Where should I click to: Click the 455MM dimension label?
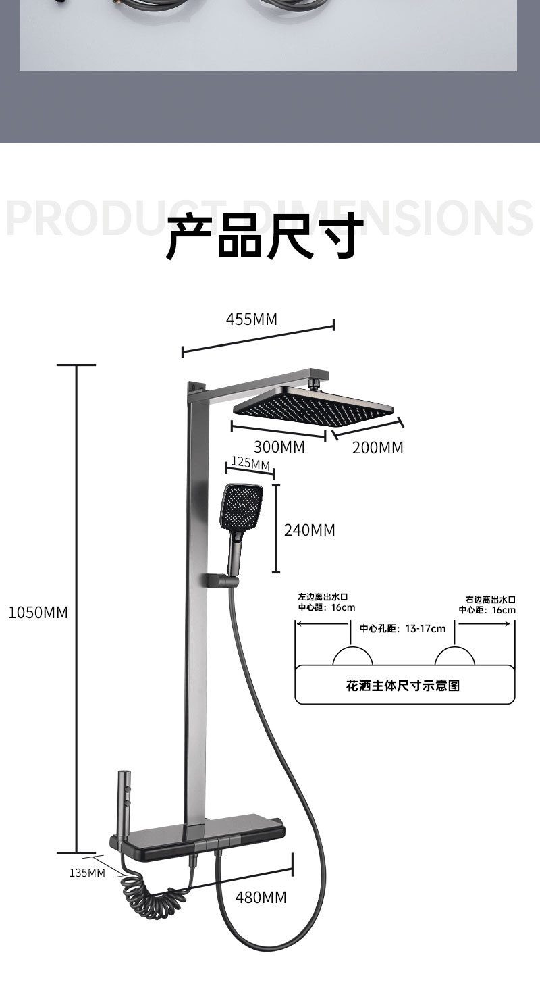[251, 319]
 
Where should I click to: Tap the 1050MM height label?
[38, 613]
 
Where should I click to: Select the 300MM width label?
[279, 447]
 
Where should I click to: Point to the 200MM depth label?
[377, 447]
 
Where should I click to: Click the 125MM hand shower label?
[250, 463]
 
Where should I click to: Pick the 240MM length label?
[309, 530]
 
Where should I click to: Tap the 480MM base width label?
[261, 898]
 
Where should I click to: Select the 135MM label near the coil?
[87, 873]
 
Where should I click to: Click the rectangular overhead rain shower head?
[313, 405]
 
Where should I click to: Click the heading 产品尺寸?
[261, 236]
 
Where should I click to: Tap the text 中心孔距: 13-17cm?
[402, 629]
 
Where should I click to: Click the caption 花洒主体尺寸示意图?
[402, 686]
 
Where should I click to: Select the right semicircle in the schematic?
[454, 657]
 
